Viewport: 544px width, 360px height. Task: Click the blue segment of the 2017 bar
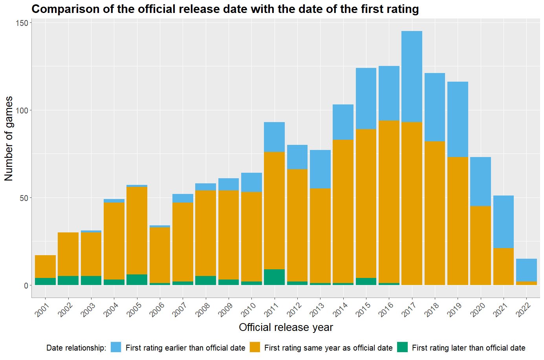412,77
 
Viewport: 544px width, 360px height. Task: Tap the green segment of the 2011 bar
274,277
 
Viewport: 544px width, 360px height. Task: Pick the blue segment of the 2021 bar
503,222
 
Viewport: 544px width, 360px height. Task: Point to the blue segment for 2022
526,270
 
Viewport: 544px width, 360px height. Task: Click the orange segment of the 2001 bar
45,267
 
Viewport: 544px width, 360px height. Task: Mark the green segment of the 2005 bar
137,280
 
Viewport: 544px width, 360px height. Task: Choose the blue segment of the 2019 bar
458,119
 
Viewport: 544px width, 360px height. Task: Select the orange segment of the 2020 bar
480,245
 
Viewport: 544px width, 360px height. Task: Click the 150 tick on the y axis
22,23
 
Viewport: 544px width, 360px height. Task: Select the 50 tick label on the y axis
24,198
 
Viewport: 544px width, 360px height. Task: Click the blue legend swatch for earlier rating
116,347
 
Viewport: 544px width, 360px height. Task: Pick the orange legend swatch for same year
255,347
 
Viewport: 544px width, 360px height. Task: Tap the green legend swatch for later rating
402,347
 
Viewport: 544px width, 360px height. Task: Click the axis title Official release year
286,327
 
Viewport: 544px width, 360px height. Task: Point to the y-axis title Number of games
9,138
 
